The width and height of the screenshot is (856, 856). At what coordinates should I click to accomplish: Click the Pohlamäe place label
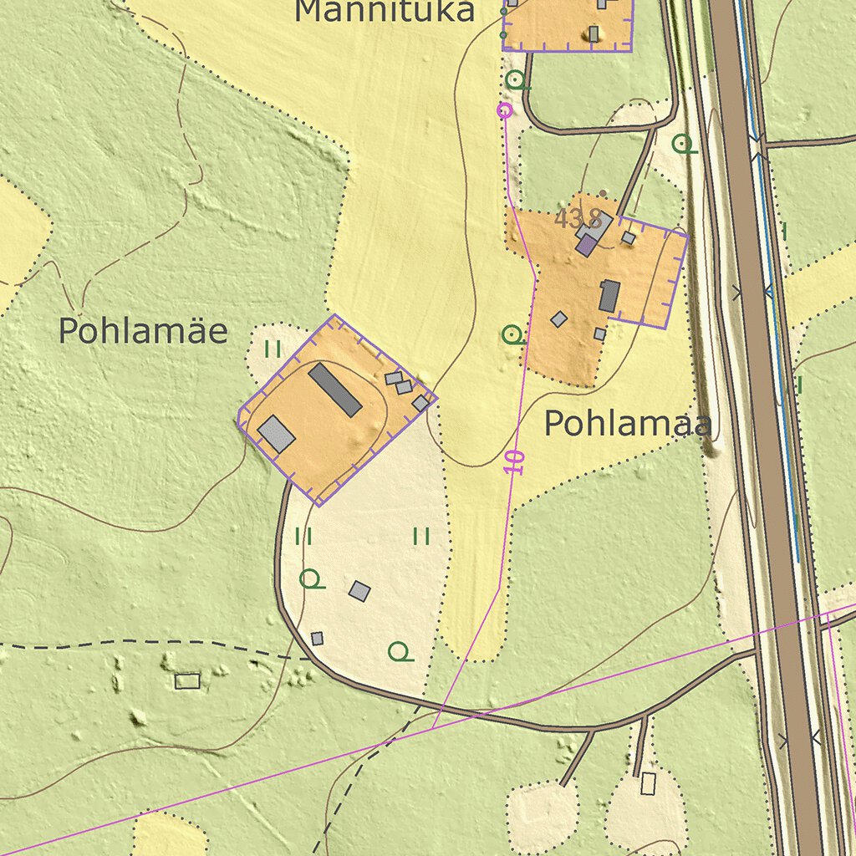pos(142,332)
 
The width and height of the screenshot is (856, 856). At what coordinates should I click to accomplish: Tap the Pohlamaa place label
pos(628,424)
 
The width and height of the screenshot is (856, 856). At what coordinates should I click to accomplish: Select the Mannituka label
pos(385,12)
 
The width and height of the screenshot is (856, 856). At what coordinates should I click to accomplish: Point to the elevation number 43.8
pos(578,220)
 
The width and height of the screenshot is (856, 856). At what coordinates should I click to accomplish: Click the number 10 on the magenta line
pos(514,462)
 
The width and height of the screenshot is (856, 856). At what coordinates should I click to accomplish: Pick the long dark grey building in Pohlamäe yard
pos(334,390)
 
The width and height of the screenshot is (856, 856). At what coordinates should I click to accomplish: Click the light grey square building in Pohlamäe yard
pos(276,433)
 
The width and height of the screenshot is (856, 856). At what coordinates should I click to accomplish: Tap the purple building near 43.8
pos(587,245)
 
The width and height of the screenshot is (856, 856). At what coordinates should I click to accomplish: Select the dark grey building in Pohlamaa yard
pos(609,296)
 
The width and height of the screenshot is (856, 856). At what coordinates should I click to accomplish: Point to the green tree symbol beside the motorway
pos(684,144)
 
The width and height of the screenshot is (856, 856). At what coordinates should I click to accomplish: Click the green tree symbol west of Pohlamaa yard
pos(512,335)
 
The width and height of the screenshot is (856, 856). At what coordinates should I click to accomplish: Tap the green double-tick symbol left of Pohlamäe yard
pos(273,349)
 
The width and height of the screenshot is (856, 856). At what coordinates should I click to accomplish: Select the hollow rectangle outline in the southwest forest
pos(187,680)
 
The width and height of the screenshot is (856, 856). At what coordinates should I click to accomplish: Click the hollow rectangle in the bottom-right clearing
pos(648,783)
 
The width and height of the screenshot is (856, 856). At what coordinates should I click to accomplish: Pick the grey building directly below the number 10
pos(359,591)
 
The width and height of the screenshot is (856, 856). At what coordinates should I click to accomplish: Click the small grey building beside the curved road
pos(317,639)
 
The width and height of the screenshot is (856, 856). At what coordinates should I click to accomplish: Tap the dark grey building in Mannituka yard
pos(594,33)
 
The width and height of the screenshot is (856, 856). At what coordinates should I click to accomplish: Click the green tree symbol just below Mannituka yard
pos(517,80)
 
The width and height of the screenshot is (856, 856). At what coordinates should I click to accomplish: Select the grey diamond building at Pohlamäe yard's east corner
pos(420,403)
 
